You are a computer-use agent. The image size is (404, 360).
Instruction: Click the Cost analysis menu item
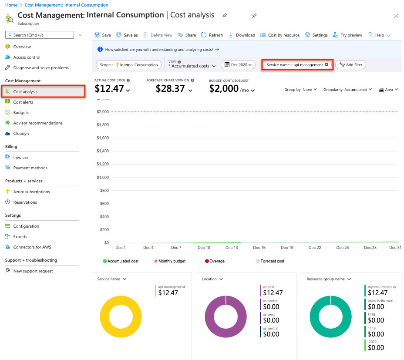coord(25,92)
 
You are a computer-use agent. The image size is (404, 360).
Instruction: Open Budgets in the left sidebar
coord(21,113)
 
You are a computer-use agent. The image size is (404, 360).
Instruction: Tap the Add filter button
coord(351,65)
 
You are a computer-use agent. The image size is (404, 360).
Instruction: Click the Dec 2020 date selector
coord(238,65)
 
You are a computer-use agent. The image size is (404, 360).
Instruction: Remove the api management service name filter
coord(327,64)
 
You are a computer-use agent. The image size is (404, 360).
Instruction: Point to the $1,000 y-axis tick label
coord(103,178)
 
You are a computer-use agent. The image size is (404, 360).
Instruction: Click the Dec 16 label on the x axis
coord(259,248)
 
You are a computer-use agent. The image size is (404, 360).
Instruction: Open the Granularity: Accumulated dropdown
coord(347,90)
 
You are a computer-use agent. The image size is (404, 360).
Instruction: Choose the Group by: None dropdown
coord(301,90)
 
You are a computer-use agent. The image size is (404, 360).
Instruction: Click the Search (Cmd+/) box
coord(40,35)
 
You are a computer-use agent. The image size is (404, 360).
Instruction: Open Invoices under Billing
coord(21,158)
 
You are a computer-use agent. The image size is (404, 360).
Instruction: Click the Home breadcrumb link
coord(11,5)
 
